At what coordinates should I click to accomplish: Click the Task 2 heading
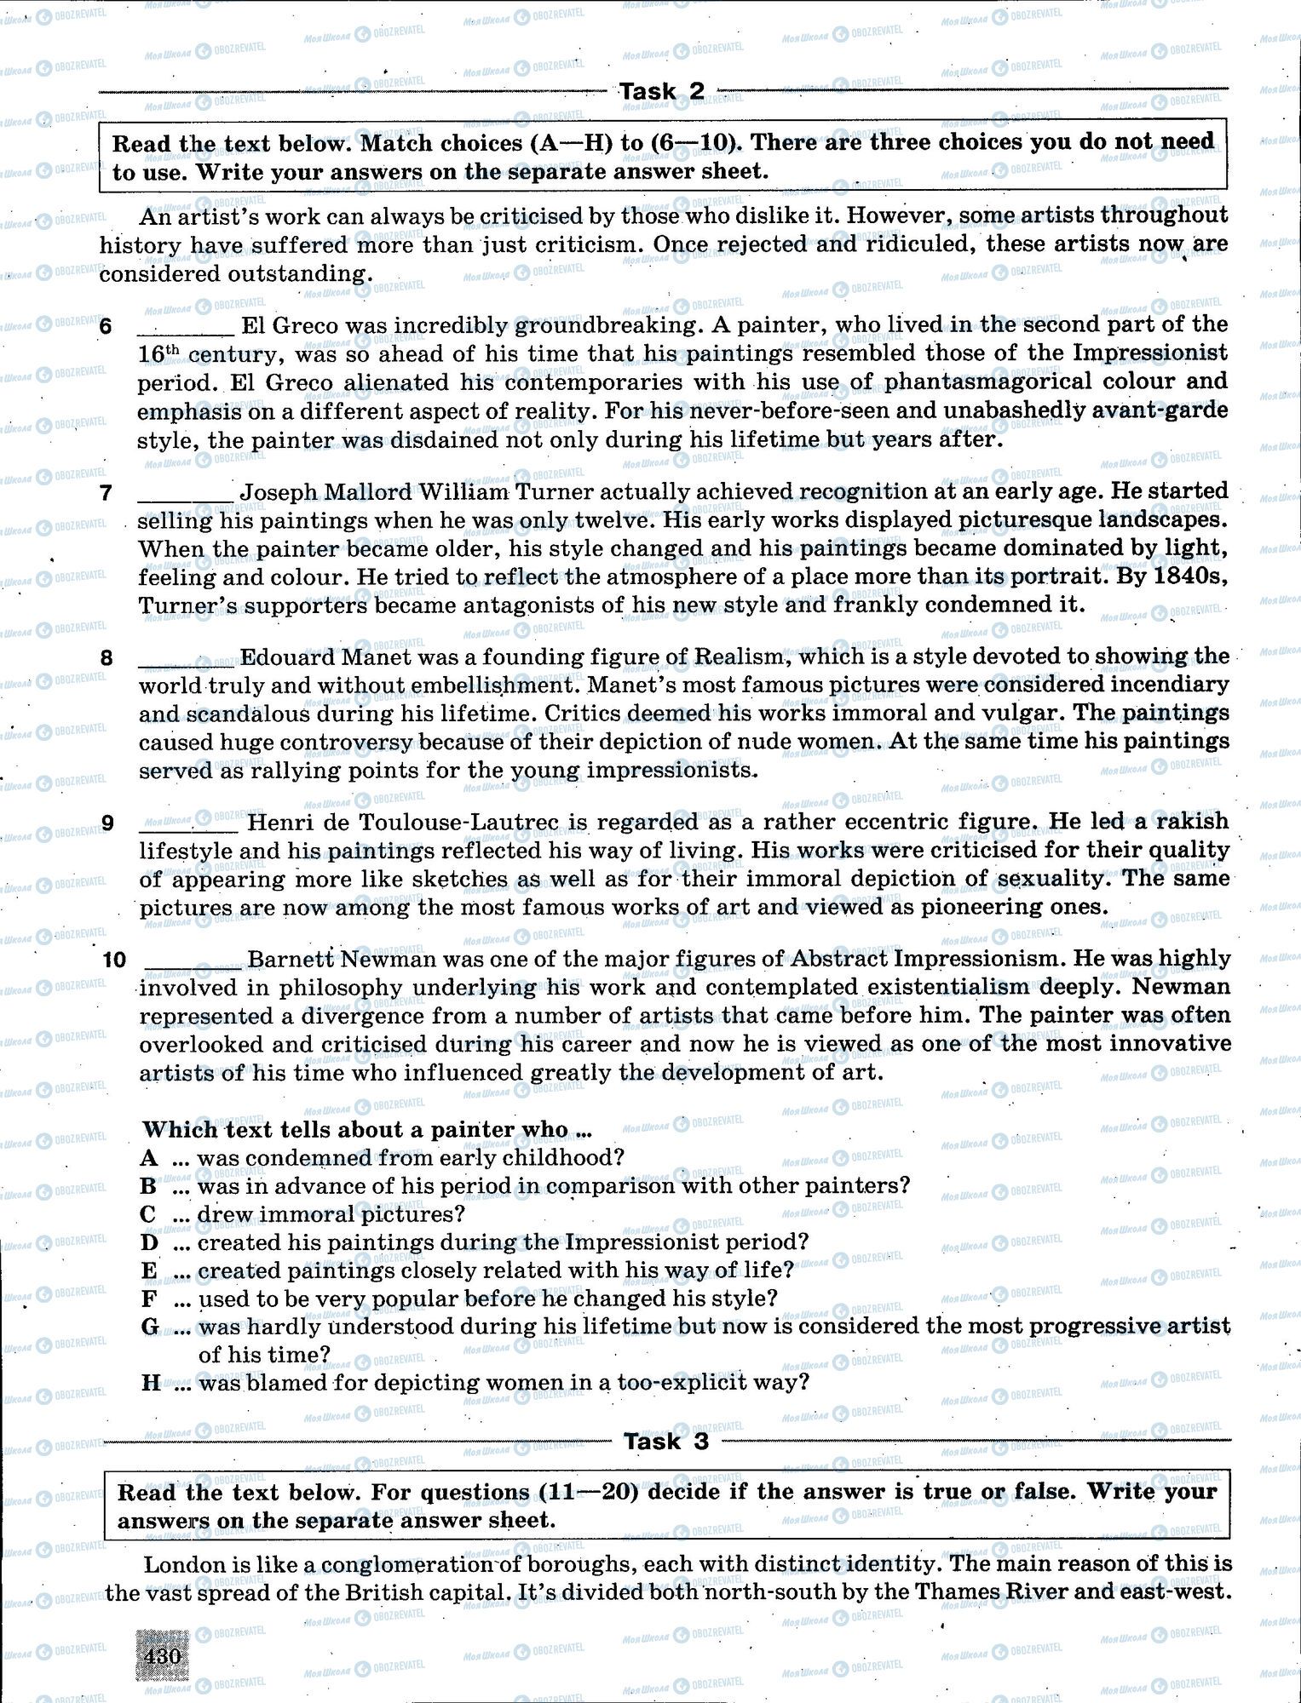661,91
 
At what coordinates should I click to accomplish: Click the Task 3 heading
665,1442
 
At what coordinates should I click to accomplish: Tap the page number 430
162,1656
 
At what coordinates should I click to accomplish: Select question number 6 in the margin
106,327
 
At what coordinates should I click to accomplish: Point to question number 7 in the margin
106,493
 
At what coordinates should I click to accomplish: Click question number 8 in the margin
106,658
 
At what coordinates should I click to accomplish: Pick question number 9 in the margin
107,823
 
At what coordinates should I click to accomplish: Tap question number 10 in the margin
114,960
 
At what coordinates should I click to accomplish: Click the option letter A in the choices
150,1158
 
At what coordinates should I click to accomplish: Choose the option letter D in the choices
150,1242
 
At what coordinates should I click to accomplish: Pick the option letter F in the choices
150,1299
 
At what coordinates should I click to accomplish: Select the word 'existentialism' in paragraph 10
960,988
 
